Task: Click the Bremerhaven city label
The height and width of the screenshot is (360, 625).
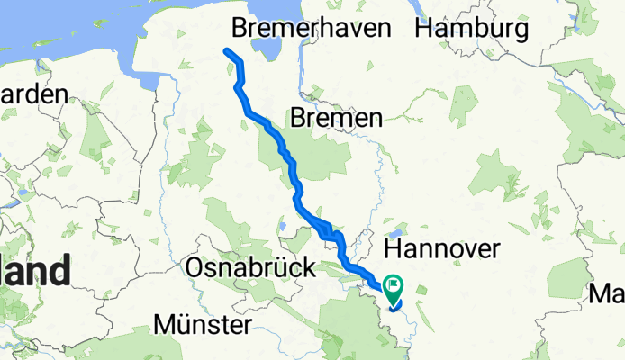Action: coord(311,28)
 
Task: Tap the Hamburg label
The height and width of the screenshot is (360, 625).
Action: coord(471,28)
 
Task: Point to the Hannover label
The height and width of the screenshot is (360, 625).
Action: coord(441,249)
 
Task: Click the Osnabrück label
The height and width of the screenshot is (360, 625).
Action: coord(250,267)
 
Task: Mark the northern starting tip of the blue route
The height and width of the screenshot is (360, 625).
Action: coord(226,50)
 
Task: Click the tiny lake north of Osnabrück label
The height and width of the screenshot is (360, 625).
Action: coord(282,227)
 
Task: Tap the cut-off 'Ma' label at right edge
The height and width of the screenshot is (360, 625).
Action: coord(606,293)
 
